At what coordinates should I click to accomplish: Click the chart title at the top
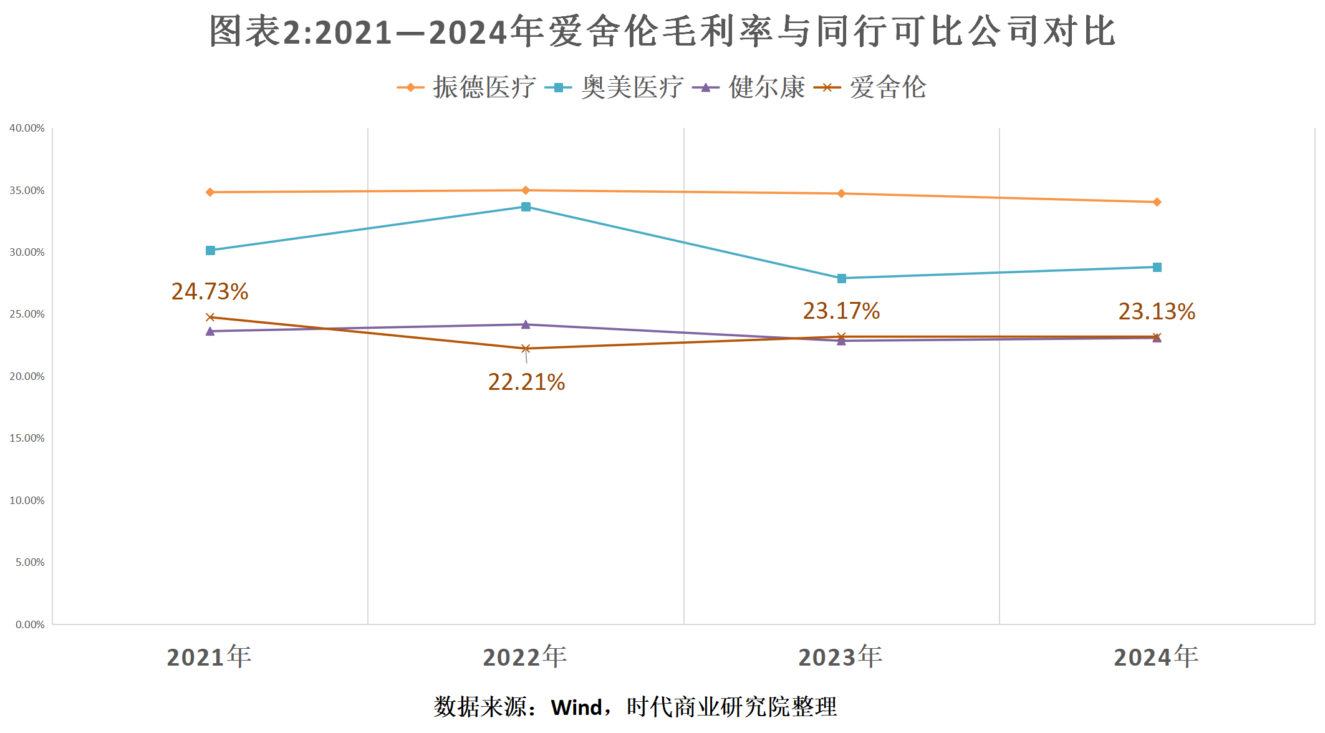pyautogui.click(x=662, y=31)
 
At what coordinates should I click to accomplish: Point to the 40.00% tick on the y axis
pyautogui.click(x=27, y=129)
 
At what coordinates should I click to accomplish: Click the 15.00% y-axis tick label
pyautogui.click(x=27, y=439)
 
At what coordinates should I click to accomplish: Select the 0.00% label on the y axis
pyautogui.click(x=30, y=624)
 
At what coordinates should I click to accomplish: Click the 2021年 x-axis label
pyautogui.click(x=210, y=657)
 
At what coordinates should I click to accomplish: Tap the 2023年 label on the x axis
pyautogui.click(x=841, y=657)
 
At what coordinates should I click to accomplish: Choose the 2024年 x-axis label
pyautogui.click(x=1156, y=657)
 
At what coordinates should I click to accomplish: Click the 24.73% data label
pyautogui.click(x=210, y=291)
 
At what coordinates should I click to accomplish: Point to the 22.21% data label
pyautogui.click(x=526, y=382)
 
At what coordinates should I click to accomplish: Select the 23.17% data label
pyautogui.click(x=841, y=311)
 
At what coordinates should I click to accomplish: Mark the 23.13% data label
pyautogui.click(x=1157, y=311)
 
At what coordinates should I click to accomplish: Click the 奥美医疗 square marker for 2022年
pyautogui.click(x=526, y=207)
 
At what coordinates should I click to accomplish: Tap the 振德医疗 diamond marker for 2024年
pyautogui.click(x=1157, y=202)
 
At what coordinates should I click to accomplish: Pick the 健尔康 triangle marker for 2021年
pyautogui.click(x=210, y=331)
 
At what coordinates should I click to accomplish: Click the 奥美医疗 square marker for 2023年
pyautogui.click(x=841, y=278)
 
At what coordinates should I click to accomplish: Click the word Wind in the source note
pyautogui.click(x=576, y=707)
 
